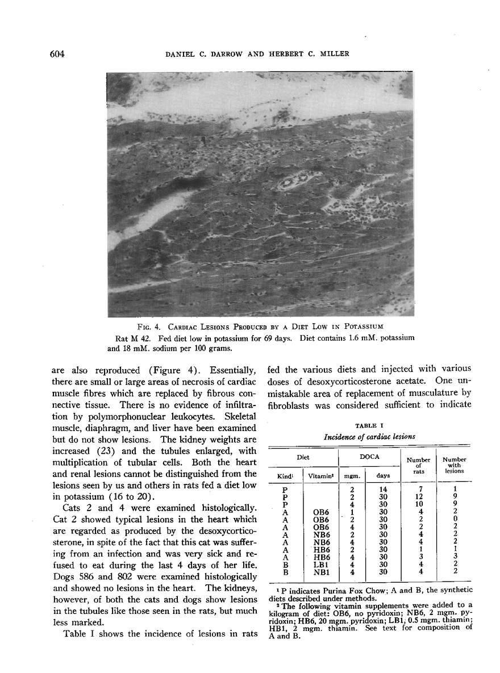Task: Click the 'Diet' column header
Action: [303, 455]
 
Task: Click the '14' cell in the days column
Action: [385, 489]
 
